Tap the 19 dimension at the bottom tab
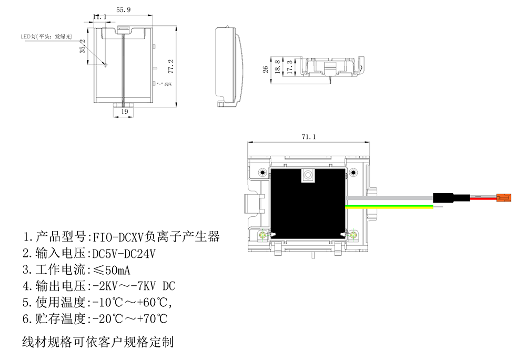pyautogui.click(x=124, y=112)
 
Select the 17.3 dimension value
pyautogui.click(x=289, y=66)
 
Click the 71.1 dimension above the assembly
pyautogui.click(x=308, y=137)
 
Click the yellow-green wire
pyautogui.click(x=389, y=207)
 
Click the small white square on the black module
pyautogui.click(x=307, y=176)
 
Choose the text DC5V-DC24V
pyautogui.click(x=124, y=254)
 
